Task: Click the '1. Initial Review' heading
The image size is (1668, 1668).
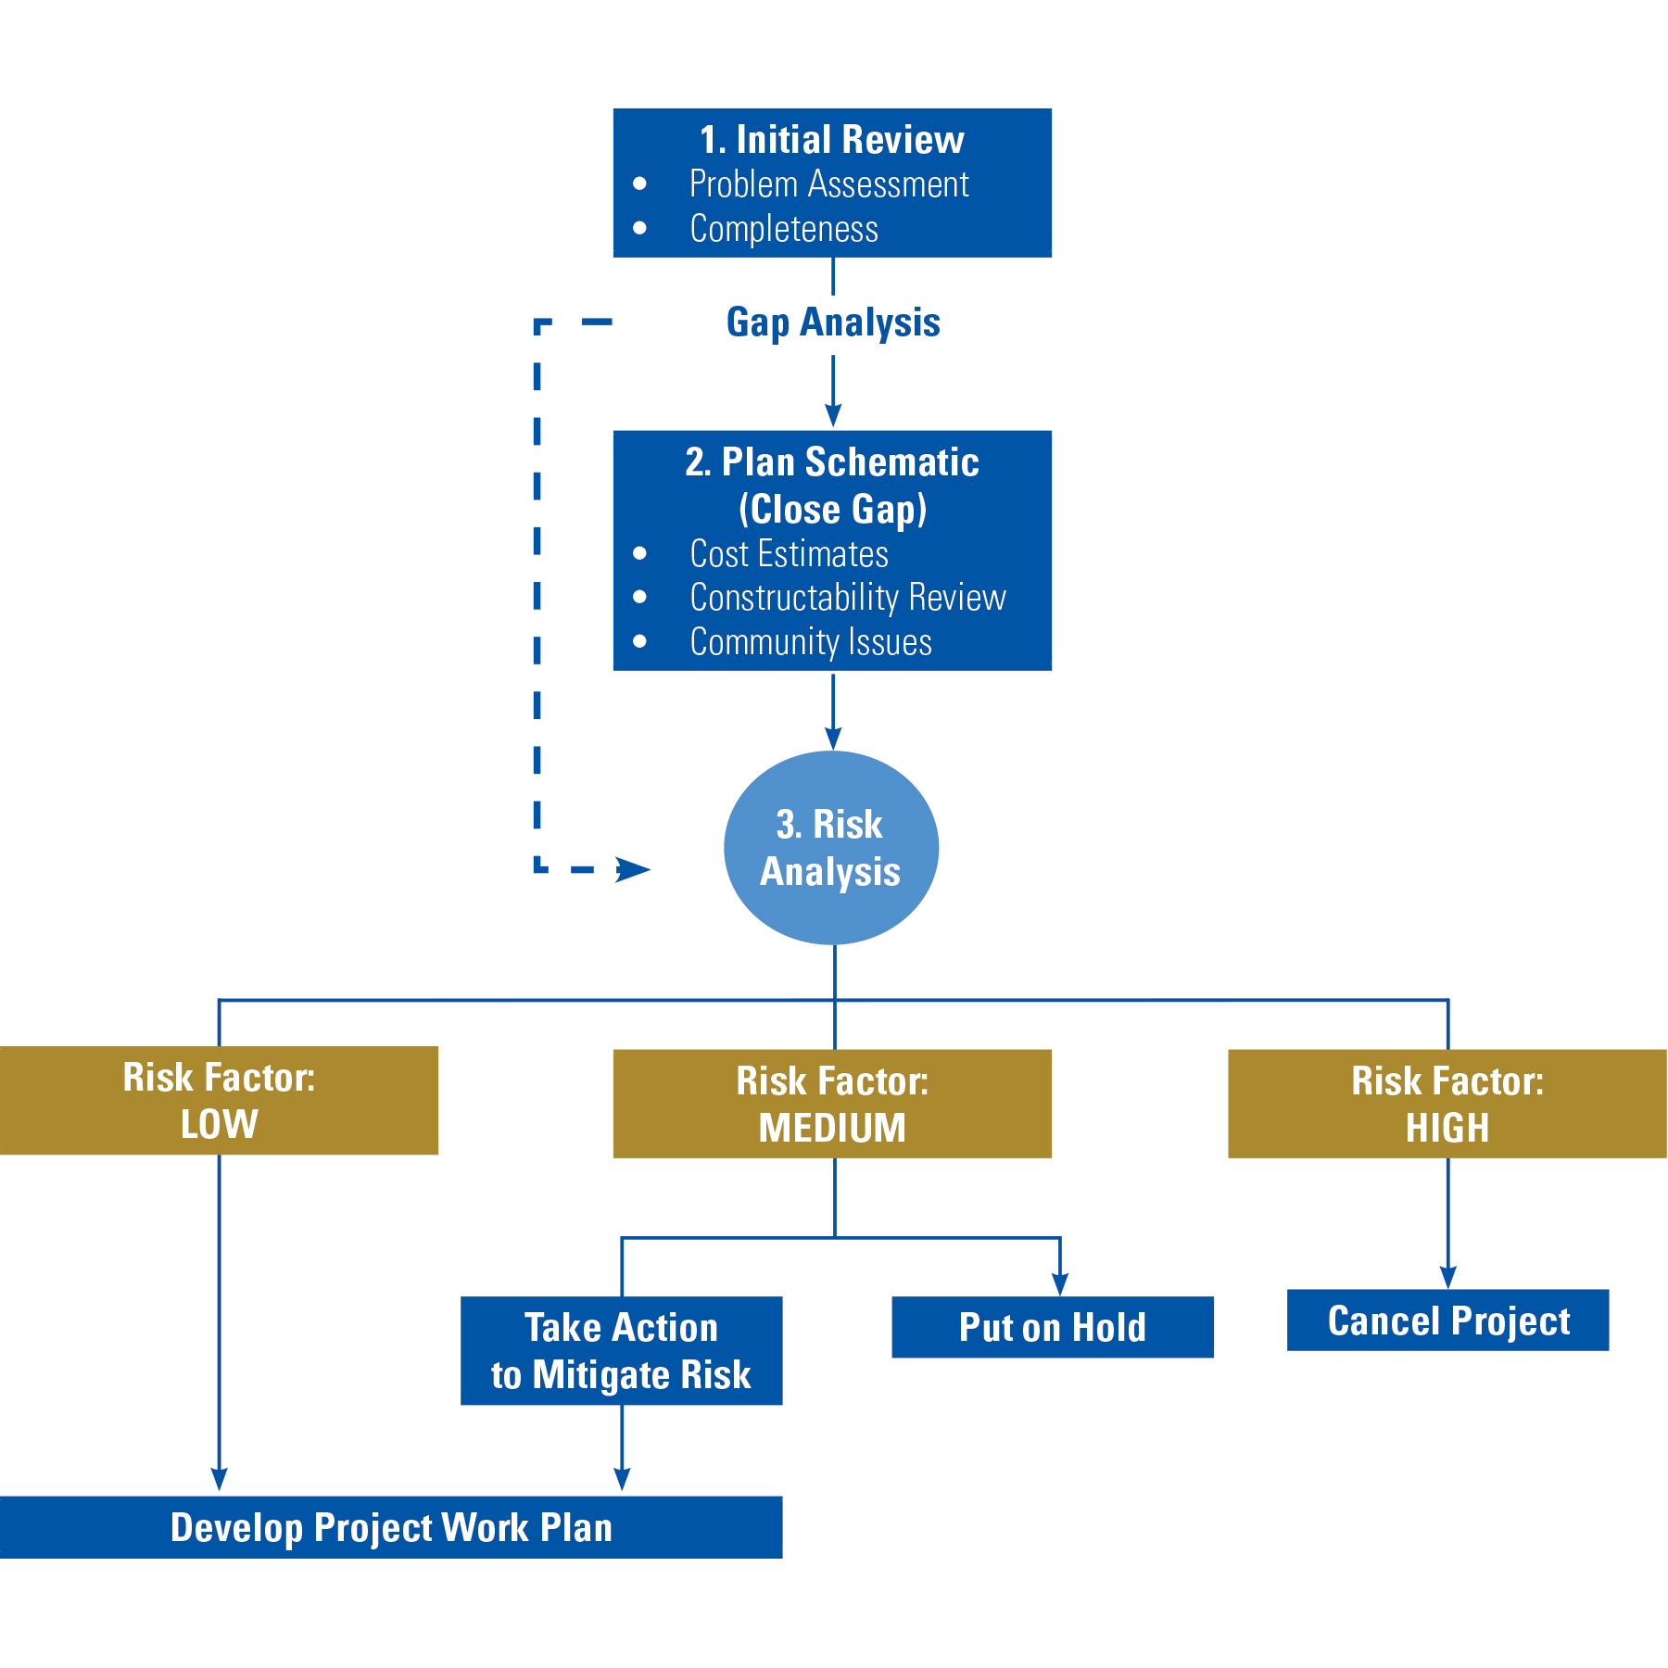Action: click(x=831, y=140)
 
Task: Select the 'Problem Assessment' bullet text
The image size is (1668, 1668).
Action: click(x=828, y=184)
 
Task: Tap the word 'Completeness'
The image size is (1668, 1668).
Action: click(x=783, y=229)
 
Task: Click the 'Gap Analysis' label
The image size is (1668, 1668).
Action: click(x=832, y=322)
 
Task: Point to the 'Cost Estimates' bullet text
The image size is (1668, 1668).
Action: click(x=789, y=554)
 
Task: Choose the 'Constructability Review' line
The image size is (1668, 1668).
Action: click(x=847, y=598)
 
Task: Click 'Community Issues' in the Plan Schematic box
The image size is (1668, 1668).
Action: click(x=810, y=642)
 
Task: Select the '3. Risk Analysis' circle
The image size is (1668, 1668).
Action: click(x=830, y=848)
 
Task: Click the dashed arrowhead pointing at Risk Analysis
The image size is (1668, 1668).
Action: click(x=634, y=869)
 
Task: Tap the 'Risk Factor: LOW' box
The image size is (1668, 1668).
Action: click(x=219, y=1100)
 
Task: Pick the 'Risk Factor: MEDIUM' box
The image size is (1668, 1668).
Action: click(x=832, y=1104)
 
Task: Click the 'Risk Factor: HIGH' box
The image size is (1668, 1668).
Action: click(x=1447, y=1104)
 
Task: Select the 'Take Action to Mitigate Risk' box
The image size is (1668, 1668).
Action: click(x=621, y=1350)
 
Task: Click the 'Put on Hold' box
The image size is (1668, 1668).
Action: click(x=1052, y=1327)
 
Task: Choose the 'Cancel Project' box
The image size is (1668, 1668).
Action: click(x=1447, y=1320)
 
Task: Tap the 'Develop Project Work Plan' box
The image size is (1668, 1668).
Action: click(x=390, y=1527)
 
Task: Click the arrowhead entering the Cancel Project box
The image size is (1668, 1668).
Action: click(x=1447, y=1277)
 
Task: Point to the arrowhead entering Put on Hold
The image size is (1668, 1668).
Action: click(x=1060, y=1284)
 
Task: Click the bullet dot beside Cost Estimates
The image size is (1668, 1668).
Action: click(x=639, y=554)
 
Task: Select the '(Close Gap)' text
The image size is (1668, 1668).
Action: click(x=832, y=509)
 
